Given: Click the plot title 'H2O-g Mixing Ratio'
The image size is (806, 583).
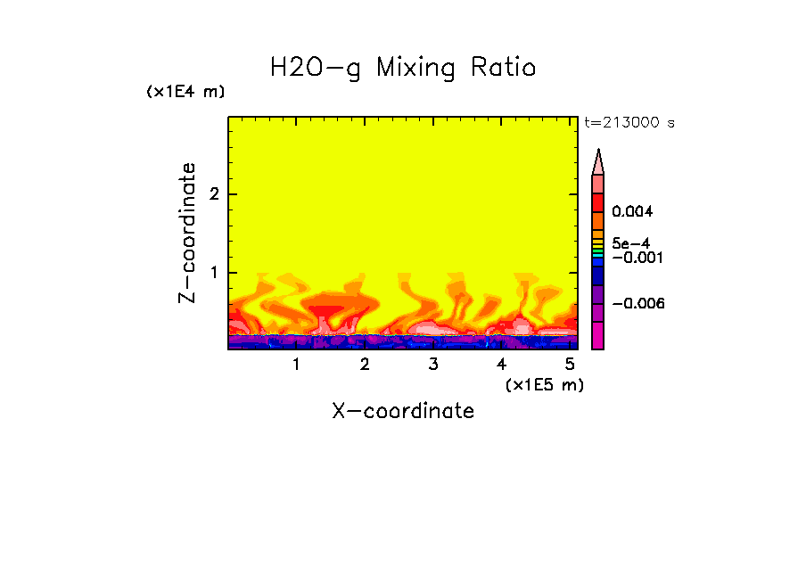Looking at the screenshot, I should (x=403, y=68).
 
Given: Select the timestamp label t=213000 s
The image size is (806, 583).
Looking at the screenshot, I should (x=629, y=123).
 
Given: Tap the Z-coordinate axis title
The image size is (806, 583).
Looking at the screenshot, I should (x=187, y=233).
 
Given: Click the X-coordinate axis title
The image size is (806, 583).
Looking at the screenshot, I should (x=403, y=411).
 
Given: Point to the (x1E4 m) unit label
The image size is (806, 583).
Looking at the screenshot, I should (x=185, y=92).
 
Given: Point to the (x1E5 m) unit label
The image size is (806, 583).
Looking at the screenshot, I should (x=544, y=384).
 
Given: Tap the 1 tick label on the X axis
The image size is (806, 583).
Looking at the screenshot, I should (x=296, y=365).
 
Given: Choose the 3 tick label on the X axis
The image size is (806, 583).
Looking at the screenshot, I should (x=432, y=365).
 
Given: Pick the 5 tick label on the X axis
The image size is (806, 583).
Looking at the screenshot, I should (x=569, y=365).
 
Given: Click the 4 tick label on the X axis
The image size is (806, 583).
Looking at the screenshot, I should (x=501, y=365).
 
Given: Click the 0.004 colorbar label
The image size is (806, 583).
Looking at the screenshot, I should (x=632, y=212).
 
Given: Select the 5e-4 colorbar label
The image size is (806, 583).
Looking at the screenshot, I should (x=630, y=243).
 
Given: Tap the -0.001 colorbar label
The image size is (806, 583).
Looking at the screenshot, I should (x=635, y=258).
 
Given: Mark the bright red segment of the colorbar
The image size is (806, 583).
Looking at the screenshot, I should (x=598, y=201).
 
